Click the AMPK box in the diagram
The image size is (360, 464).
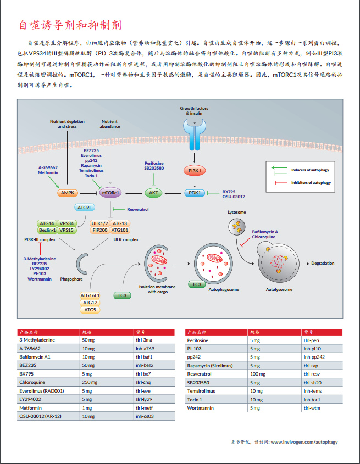coord(69,193)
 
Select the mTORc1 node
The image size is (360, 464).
coord(111,193)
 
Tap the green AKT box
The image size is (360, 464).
coord(153,193)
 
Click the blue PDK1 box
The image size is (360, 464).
coord(194,193)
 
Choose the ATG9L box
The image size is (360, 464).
coord(85,208)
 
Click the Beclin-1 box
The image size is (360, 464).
coord(48,230)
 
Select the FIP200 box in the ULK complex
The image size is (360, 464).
coord(100,230)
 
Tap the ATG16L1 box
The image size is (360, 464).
coord(90,295)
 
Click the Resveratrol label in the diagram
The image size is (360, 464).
coord(137,209)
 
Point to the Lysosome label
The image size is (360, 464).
coord(236,212)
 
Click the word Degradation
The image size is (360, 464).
coord(323,263)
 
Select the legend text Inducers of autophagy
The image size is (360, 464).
coord(311,170)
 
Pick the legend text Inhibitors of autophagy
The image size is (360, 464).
coord(311,182)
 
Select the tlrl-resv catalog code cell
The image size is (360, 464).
coord(312,373)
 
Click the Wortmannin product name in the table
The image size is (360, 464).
coord(200,408)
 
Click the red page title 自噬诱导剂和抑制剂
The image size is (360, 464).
coord(70,25)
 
